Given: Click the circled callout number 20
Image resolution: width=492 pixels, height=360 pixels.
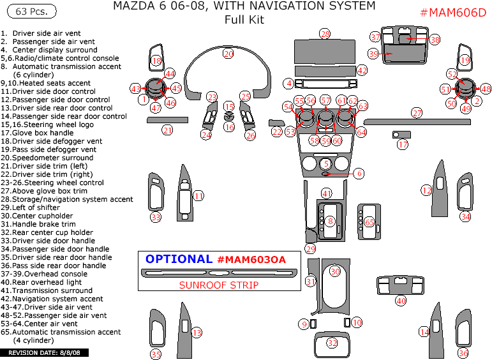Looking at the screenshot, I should point(228,54).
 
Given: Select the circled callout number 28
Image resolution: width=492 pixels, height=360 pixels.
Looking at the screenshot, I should point(325,34).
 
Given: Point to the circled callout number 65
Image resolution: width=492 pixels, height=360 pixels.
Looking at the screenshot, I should point(369,222).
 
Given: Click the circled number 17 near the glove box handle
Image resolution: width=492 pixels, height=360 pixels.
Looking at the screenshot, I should point(402,145).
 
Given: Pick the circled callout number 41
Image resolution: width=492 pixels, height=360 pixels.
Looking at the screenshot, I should point(327,193).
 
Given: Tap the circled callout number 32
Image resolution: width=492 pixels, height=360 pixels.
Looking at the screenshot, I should point(332,343).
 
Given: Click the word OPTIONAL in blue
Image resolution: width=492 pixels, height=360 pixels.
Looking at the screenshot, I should point(179,259).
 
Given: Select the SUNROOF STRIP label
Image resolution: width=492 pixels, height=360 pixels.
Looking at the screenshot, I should point(219,285).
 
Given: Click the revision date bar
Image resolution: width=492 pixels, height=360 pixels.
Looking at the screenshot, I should point(45,353).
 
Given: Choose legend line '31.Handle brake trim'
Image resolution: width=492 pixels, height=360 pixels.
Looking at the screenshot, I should point(38,224).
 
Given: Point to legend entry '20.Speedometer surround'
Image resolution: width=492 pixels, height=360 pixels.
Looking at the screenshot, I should point(47,158).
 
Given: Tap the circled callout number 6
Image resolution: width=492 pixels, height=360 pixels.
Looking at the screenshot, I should point(359,173).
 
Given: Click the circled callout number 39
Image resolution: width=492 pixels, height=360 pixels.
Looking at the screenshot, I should point(373,54).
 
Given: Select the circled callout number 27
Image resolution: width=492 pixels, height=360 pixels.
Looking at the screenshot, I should point(417,113).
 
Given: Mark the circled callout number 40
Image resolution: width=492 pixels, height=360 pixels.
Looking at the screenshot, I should point(401,300).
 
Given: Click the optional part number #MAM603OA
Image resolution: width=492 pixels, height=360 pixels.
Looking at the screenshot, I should point(251,259).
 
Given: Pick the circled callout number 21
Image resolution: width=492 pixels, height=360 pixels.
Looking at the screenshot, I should point(167,130).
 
